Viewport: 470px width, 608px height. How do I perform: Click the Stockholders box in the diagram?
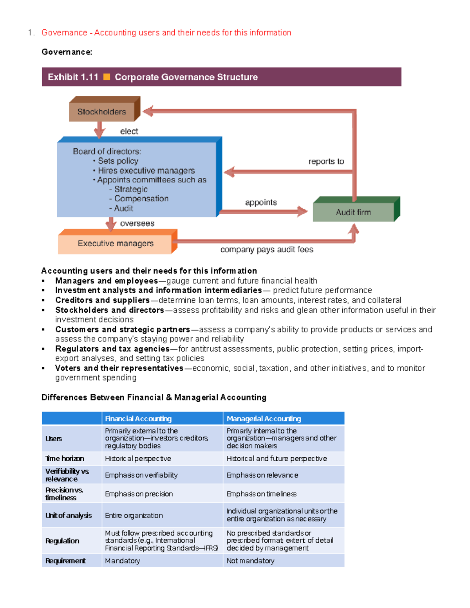tap(102, 112)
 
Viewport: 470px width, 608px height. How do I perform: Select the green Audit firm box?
tap(353, 212)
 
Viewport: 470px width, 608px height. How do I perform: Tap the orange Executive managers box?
tap(116, 244)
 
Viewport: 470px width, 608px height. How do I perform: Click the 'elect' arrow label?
tap(129, 132)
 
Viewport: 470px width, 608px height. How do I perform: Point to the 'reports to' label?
tap(326, 161)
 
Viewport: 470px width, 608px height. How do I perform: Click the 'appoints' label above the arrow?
tap(261, 202)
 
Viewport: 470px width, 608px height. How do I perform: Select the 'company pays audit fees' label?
tap(267, 250)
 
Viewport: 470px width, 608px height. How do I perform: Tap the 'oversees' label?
tap(137, 224)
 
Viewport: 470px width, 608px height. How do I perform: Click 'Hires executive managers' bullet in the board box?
tap(146, 171)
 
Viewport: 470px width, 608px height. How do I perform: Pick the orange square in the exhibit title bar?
tap(107, 77)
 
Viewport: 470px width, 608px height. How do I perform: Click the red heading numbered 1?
tap(166, 32)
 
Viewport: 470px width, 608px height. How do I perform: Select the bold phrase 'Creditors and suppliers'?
tap(102, 300)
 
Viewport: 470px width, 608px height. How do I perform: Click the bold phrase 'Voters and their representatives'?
tap(119, 368)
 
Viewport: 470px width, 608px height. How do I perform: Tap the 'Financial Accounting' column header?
tap(138, 419)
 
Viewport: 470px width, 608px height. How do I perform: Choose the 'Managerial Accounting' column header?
tap(264, 419)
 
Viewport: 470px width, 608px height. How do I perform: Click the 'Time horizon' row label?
tap(65, 458)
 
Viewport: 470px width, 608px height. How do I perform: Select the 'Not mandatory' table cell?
tap(250, 561)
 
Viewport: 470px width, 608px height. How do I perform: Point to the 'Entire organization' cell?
tap(134, 516)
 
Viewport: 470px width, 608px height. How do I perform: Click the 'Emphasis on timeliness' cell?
tap(261, 494)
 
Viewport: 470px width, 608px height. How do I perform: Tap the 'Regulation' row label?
tap(62, 541)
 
